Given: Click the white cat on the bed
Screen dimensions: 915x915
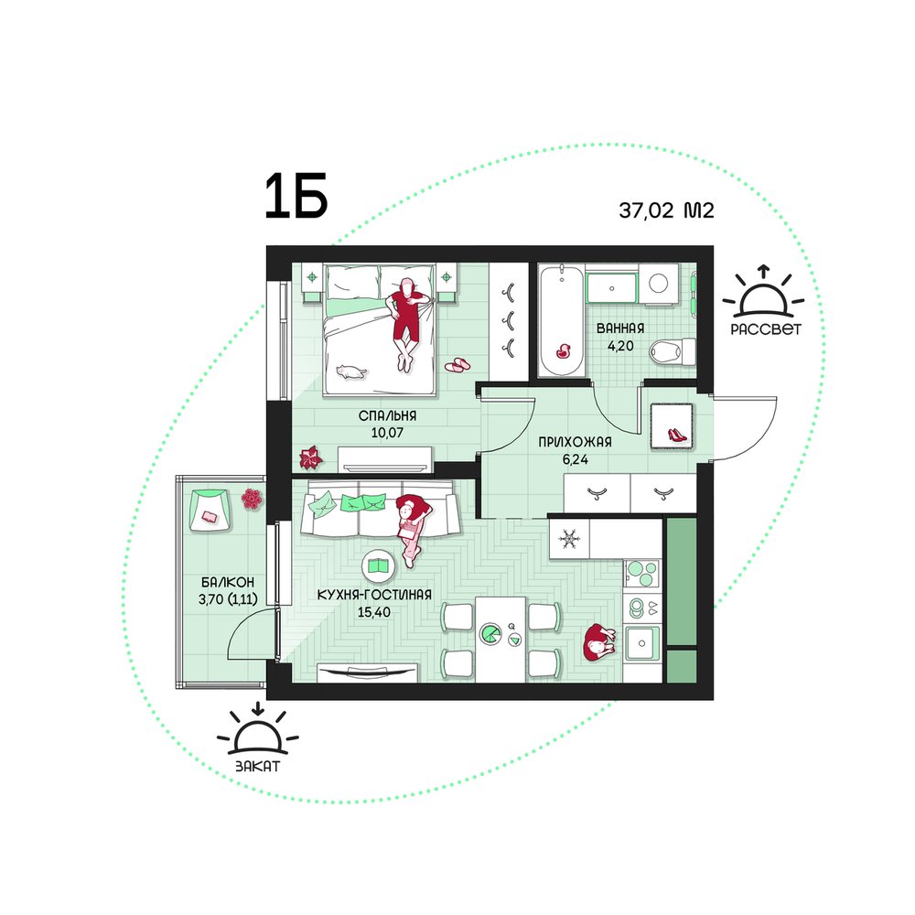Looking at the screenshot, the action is (351, 371).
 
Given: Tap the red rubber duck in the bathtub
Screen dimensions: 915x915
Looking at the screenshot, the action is (563, 350).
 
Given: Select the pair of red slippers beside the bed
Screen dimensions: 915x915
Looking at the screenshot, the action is (457, 364).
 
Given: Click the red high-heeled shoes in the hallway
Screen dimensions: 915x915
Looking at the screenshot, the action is (677, 434).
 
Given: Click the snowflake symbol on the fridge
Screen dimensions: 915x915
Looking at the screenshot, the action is (568, 539).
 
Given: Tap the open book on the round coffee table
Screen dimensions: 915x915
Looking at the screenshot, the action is (379, 565).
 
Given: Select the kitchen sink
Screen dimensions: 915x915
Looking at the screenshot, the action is (642, 643).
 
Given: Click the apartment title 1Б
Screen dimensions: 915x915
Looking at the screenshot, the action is (296, 197).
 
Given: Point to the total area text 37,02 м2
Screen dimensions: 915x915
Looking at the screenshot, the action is (666, 210).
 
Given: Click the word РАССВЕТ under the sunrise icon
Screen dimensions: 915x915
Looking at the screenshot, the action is (766, 329).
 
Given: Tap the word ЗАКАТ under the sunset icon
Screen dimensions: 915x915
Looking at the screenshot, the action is (257, 766).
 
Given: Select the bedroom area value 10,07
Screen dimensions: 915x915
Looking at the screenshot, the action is (387, 433).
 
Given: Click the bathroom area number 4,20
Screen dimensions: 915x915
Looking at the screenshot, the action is (620, 346).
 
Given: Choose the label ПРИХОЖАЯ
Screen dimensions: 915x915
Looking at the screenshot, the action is (575, 442).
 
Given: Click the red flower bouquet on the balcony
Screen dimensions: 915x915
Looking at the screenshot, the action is (252, 499).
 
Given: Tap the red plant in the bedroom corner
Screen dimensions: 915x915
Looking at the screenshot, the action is (310, 457).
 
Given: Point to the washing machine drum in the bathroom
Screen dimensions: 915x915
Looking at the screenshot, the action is (659, 283).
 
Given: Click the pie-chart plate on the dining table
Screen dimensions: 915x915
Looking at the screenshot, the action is (490, 634).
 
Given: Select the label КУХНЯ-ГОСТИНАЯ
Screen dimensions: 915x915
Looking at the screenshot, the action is (374, 595).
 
